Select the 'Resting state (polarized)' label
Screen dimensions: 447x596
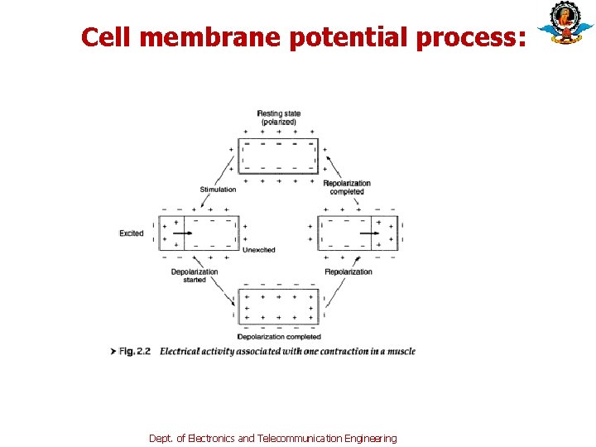coord(278,118)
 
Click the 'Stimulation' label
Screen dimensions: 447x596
coord(218,190)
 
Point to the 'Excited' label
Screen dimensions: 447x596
coord(132,233)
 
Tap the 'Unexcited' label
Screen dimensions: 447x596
coord(258,249)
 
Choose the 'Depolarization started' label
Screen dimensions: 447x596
coord(195,276)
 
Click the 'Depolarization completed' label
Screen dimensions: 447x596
coord(279,337)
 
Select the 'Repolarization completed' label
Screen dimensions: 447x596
coord(347,187)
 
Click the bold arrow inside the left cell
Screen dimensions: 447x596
coord(184,233)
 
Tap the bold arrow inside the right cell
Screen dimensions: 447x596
coord(370,233)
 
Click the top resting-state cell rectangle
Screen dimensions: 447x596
coord(278,155)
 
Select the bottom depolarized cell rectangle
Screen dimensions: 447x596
coord(278,306)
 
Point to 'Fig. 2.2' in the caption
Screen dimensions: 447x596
coord(135,352)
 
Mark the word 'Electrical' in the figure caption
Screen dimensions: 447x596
coord(180,352)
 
